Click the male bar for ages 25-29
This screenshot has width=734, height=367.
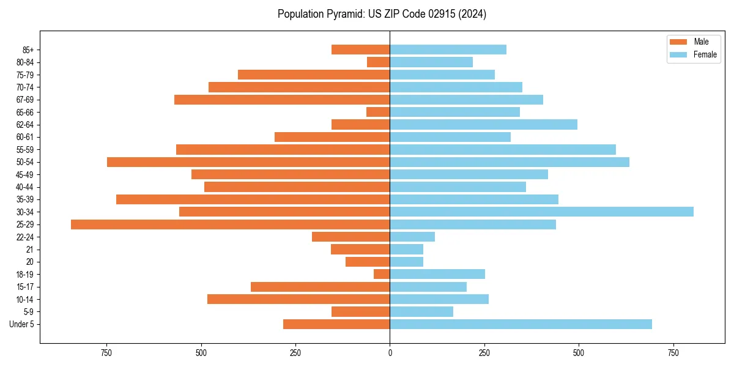(x=230, y=224)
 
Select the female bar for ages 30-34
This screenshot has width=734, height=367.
(x=541, y=212)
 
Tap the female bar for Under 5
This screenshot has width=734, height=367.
(x=521, y=324)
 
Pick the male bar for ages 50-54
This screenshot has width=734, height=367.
(x=248, y=162)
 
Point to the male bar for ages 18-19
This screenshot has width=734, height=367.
(x=382, y=274)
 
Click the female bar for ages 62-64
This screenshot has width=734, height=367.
(x=483, y=125)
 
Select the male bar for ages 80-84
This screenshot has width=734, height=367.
(x=378, y=62)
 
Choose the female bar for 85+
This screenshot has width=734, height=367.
(x=448, y=50)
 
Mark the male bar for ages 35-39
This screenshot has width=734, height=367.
(x=253, y=199)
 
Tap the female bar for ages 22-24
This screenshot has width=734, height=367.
(x=412, y=237)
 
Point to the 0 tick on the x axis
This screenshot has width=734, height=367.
(x=390, y=353)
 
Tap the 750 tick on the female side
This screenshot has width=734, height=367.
(x=673, y=353)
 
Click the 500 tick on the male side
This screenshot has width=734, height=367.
(x=201, y=353)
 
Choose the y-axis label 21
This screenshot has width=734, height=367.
(x=29, y=250)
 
